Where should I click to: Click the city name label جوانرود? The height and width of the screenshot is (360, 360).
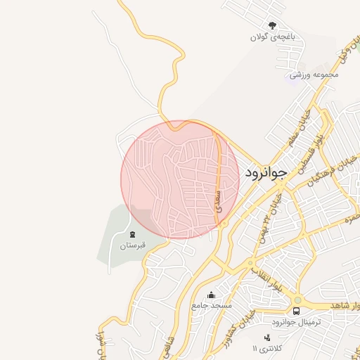(x=266, y=172)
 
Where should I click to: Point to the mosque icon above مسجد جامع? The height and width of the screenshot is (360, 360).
(x=211, y=295)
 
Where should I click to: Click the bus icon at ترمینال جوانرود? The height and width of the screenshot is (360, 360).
(x=297, y=310)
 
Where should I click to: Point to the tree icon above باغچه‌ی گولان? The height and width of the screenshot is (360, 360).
(x=263, y=25)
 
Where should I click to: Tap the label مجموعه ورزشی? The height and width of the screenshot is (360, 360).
(x=314, y=75)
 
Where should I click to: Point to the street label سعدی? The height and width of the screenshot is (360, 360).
(x=219, y=200)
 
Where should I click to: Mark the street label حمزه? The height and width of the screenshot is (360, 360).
(x=349, y=219)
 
